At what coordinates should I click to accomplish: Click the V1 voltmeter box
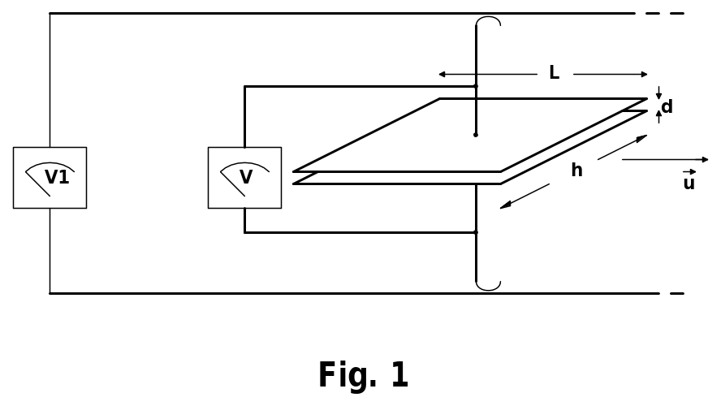click(50, 178)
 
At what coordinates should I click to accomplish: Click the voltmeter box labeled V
click(244, 178)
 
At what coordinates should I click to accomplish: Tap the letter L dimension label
click(554, 73)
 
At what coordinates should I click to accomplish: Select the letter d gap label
click(667, 107)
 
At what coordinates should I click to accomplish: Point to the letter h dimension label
click(576, 171)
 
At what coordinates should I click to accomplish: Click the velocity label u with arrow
click(689, 182)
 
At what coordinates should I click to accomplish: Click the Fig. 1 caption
click(363, 376)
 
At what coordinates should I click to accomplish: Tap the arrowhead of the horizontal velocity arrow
click(705, 159)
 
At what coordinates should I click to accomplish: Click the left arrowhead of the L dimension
click(442, 75)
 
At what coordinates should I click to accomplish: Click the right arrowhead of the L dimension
click(645, 75)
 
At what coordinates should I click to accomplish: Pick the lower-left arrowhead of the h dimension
click(505, 205)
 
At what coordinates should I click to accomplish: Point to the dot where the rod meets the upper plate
click(476, 135)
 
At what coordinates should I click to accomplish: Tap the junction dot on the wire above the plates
click(476, 86)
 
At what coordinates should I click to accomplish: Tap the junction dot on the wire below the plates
click(476, 232)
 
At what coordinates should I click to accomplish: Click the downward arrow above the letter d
click(658, 93)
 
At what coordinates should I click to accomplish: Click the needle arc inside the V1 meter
click(50, 166)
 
